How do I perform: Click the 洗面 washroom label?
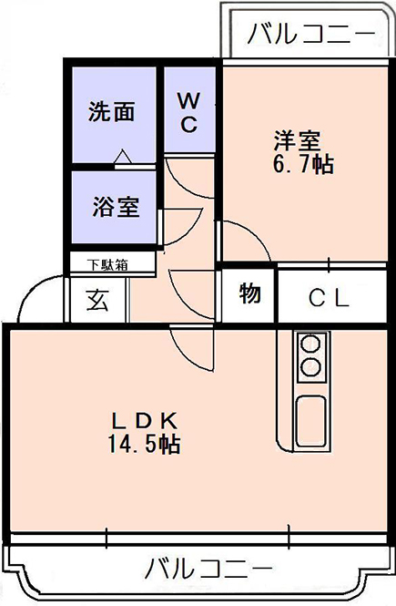point(112,112)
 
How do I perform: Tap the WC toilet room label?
point(189,112)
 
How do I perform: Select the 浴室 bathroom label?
point(116,207)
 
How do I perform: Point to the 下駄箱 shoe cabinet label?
point(107,265)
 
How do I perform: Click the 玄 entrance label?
point(96,301)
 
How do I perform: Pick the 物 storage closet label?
point(249,293)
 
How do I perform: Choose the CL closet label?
point(329,298)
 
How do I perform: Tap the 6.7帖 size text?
point(303,164)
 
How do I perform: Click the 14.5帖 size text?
point(144,444)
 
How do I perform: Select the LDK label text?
point(145,421)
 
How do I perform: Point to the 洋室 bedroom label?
point(297,141)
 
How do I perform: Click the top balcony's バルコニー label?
point(311,34)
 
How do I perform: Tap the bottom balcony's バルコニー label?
point(208,568)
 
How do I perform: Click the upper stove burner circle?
point(310,344)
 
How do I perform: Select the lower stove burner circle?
point(310,367)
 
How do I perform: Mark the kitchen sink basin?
point(310,422)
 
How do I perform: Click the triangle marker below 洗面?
point(123,156)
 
